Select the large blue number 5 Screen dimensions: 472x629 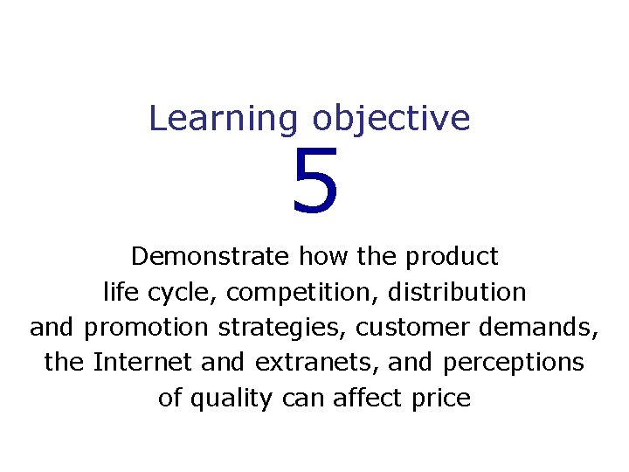pos(314,183)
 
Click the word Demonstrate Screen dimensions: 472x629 pos(211,256)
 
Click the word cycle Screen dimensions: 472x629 pos(173,292)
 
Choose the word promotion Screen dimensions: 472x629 pos(147,328)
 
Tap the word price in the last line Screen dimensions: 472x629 pos(445,399)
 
